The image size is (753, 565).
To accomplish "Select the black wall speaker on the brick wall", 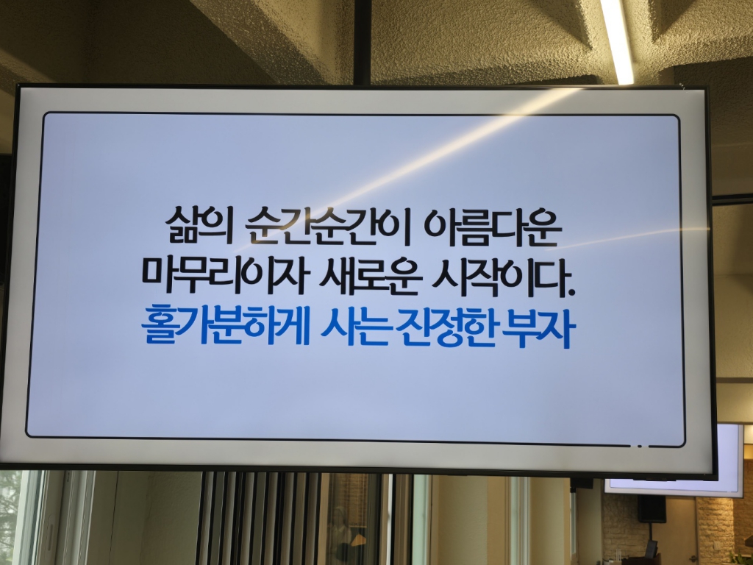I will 651,508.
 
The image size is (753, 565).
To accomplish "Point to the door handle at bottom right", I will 651,549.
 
